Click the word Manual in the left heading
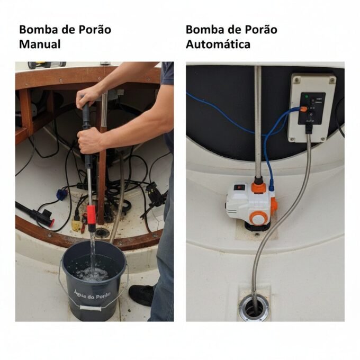[40, 44]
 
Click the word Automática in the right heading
[218, 44]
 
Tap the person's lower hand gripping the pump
[90, 140]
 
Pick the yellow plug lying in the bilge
[76, 225]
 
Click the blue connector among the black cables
[62, 194]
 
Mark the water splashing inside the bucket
[92, 273]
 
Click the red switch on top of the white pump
[239, 187]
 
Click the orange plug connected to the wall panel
[303, 109]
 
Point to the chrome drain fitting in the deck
[254, 308]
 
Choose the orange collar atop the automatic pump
[258, 186]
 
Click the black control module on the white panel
[311, 109]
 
